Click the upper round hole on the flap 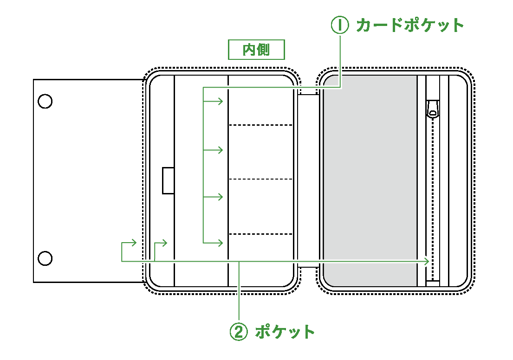pyautogui.click(x=45, y=101)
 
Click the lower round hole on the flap pyautogui.click(x=45, y=258)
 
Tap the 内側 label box pyautogui.click(x=256, y=49)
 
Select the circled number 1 pyautogui.click(x=339, y=25)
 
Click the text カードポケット pyautogui.click(x=410, y=25)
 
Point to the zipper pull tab pyautogui.click(x=432, y=109)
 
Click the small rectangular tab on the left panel pyautogui.click(x=168, y=180)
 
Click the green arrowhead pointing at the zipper pyautogui.click(x=426, y=262)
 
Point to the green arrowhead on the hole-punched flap pyautogui.click(x=134, y=242)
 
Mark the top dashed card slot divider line pyautogui.click(x=261, y=125)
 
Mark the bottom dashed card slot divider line pyautogui.click(x=261, y=234)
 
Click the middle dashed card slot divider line pyautogui.click(x=261, y=179)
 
